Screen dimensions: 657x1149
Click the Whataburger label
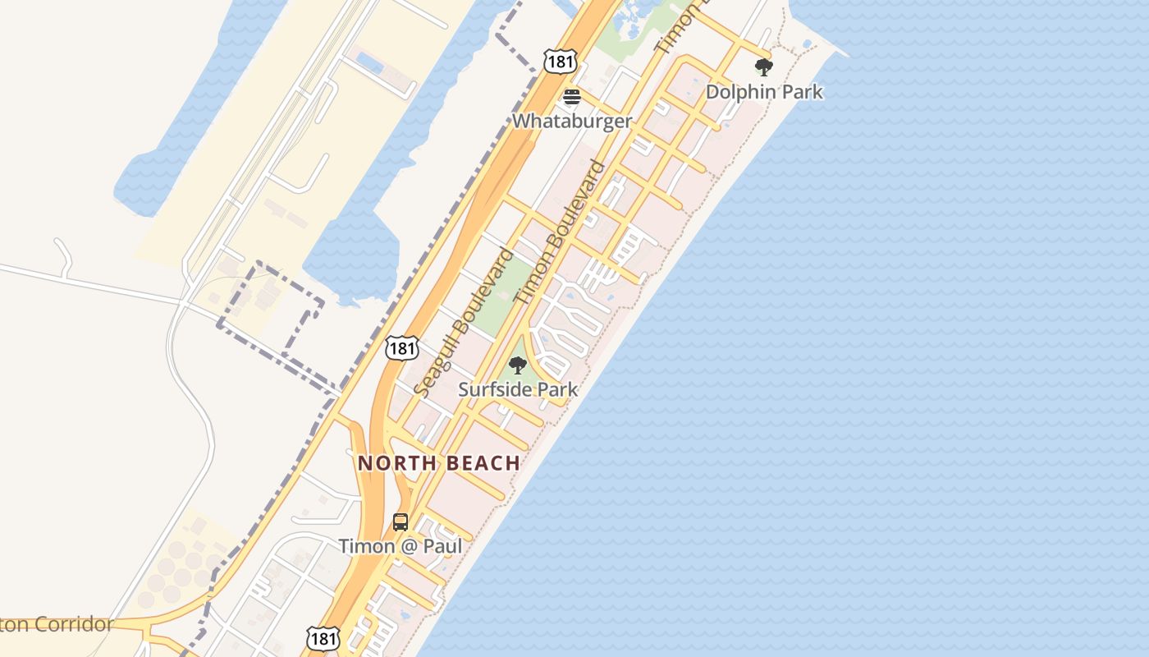(572, 122)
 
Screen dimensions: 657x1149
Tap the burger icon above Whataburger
(571, 97)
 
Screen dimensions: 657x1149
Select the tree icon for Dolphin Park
(764, 67)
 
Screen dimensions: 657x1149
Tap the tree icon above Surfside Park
(517, 365)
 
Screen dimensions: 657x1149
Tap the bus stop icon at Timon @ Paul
(400, 521)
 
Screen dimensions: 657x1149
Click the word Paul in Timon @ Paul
(444, 546)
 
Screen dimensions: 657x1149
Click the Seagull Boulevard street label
(465, 322)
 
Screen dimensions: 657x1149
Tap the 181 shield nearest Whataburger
(560, 61)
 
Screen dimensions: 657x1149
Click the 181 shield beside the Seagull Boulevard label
(401, 348)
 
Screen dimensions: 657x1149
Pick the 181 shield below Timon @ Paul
(323, 638)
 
